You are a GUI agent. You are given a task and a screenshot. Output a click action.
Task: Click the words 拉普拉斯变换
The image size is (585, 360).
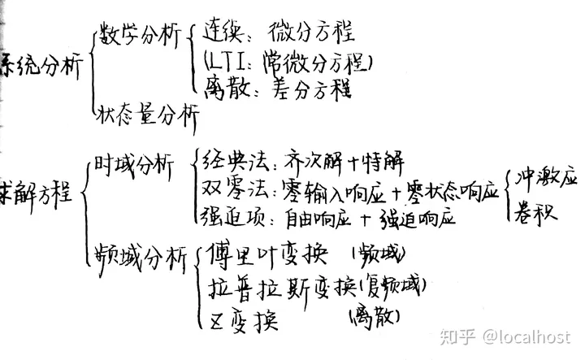click(281, 288)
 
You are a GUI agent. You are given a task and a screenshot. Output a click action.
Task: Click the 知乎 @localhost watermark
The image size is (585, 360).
click(505, 336)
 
